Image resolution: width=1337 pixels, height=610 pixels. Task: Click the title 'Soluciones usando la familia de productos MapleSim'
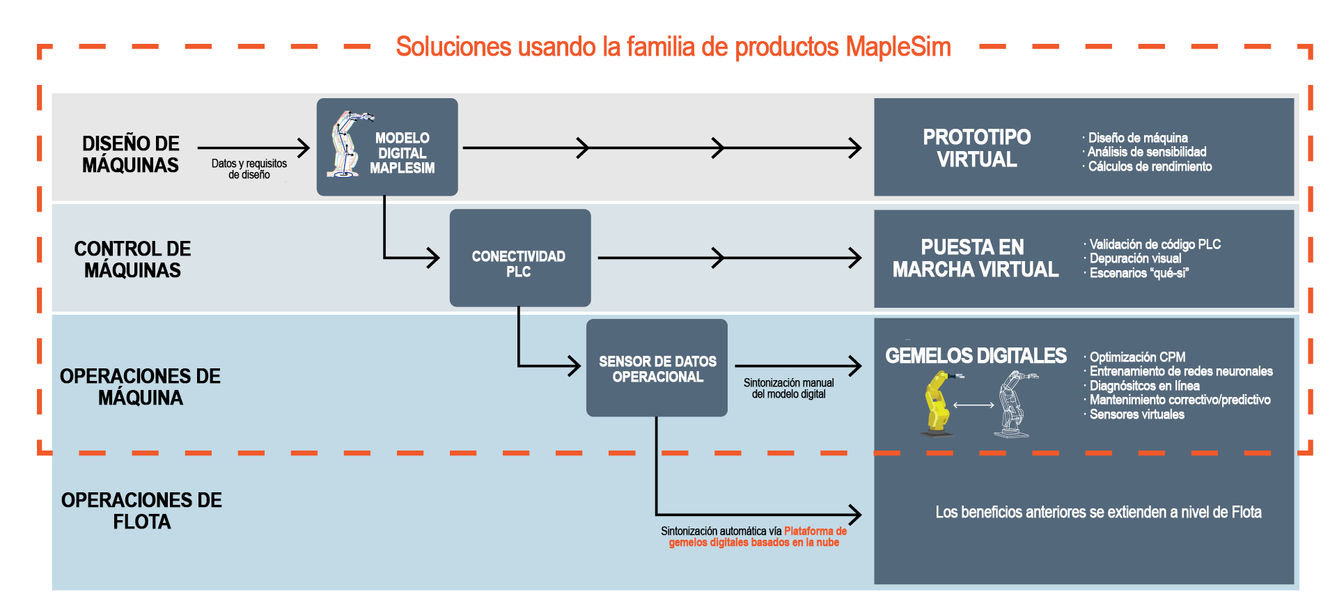click(x=673, y=47)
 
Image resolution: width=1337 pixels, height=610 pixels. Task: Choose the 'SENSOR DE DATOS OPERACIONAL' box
click(x=657, y=369)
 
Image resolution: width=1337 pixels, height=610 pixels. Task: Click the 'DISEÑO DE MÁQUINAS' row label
click(x=130, y=154)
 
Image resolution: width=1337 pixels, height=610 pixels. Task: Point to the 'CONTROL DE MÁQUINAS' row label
click(x=132, y=259)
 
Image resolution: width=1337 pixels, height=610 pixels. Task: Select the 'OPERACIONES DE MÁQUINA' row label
click(x=140, y=386)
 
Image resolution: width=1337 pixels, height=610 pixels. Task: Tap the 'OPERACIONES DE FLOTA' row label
click(x=141, y=510)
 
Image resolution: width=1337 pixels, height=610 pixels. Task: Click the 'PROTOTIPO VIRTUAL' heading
click(x=976, y=148)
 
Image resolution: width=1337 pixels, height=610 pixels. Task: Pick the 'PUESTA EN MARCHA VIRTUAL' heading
click(x=975, y=258)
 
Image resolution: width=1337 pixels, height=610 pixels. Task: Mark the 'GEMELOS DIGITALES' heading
click(x=976, y=356)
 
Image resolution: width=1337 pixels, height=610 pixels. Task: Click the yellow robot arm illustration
click(x=938, y=403)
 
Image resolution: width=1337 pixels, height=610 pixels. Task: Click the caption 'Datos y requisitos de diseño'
click(x=249, y=169)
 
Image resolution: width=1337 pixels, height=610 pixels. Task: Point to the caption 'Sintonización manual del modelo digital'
click(x=788, y=388)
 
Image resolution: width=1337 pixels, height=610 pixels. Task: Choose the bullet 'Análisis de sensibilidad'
click(x=1147, y=152)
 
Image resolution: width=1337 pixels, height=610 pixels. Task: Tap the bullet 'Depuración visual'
click(x=1135, y=258)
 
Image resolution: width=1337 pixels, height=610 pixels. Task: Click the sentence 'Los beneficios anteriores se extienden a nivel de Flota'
click(x=1098, y=513)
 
